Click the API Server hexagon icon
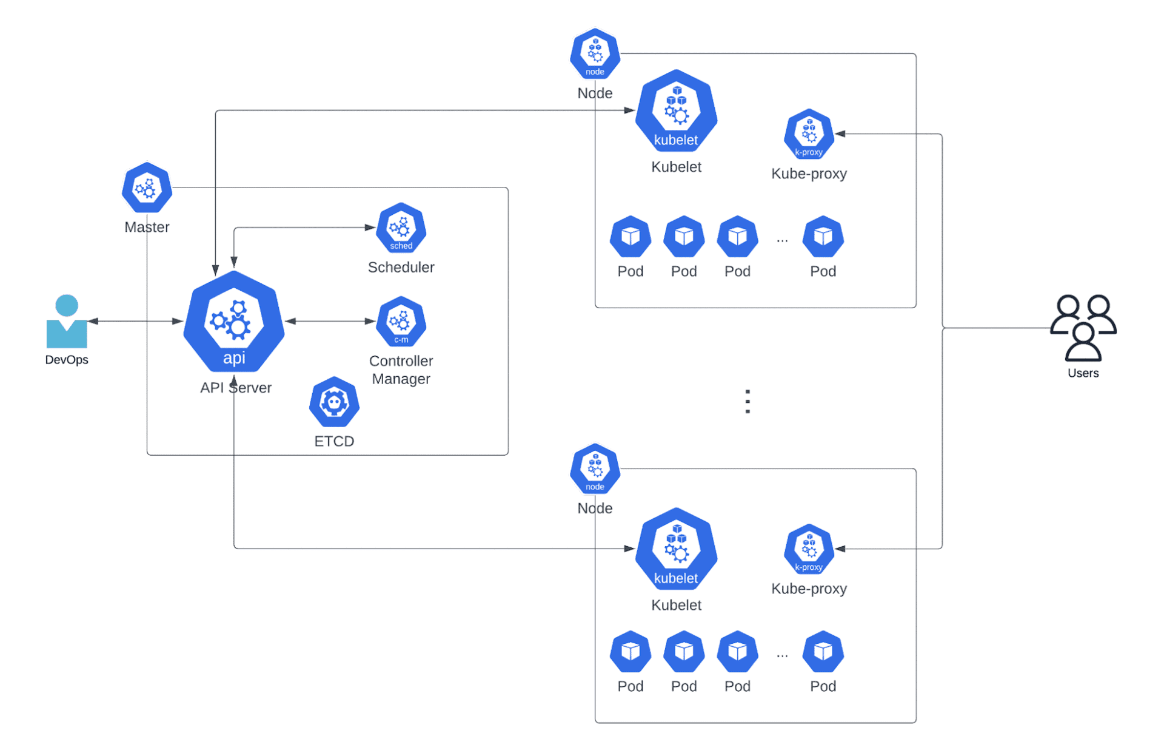tap(234, 322)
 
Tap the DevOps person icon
tap(67, 322)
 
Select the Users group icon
tap(1083, 328)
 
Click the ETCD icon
tap(334, 402)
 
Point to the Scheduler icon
tap(401, 228)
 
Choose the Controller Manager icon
tap(401, 322)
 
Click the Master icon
tap(147, 187)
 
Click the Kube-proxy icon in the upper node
tap(809, 134)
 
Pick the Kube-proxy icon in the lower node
tap(809, 549)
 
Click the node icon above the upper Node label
tap(595, 54)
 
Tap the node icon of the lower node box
tap(595, 469)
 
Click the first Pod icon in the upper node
tap(630, 236)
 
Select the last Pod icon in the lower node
tap(823, 652)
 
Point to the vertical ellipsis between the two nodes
tap(748, 402)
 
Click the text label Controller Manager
tap(401, 370)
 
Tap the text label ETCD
tap(334, 441)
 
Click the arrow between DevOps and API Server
tap(136, 321)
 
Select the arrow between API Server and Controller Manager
tap(330, 321)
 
